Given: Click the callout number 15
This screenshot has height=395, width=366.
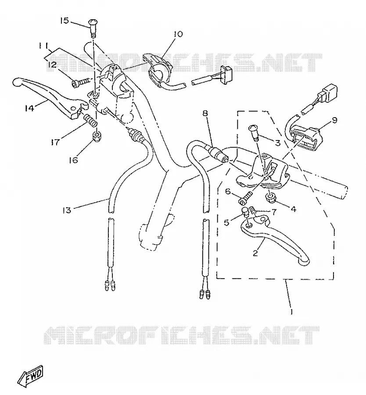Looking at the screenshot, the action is coord(65,20).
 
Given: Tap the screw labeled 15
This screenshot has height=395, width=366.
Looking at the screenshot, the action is coord(93,29).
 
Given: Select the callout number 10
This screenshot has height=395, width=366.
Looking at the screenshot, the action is coord(178,34).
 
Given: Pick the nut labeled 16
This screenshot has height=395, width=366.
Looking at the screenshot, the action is coord(97,136).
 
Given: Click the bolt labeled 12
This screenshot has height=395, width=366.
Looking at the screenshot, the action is coord(81,83).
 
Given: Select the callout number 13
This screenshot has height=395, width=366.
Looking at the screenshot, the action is coord(67,210).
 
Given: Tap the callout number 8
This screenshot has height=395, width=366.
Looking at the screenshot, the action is coord(205,113).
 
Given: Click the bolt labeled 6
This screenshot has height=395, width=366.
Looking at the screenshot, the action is coord(246,199).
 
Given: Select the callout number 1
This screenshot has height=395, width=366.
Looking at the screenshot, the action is coord(292,312).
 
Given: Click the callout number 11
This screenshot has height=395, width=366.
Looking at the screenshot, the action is coord(43,46).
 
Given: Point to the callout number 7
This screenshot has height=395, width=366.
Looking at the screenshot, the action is coord(273,212).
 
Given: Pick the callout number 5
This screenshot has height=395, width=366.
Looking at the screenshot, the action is coord(227,223).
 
